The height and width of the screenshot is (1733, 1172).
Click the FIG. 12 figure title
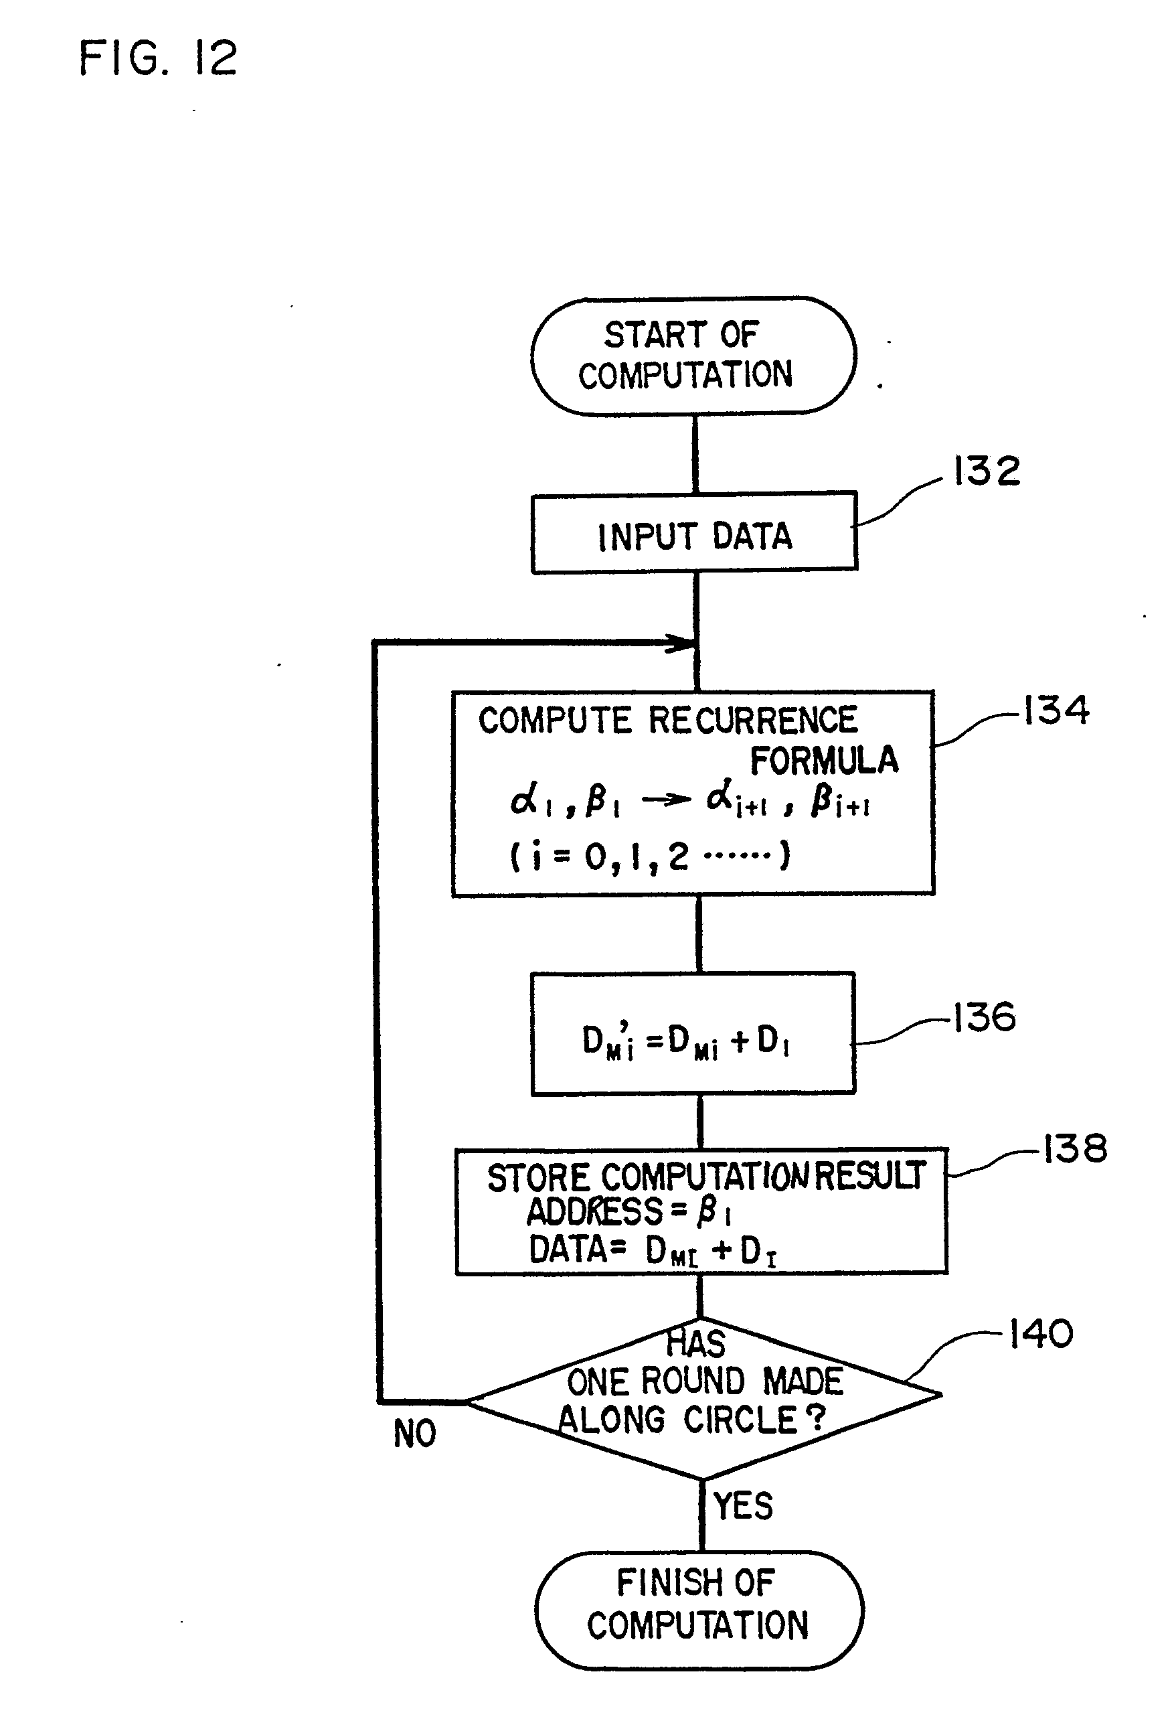point(157,58)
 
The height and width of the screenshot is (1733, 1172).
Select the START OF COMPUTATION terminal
point(693,356)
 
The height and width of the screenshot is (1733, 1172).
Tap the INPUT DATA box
point(694,534)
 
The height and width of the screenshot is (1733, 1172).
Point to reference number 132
point(987,471)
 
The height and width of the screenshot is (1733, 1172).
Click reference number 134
point(1056,710)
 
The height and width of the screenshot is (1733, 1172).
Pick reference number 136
point(984,1017)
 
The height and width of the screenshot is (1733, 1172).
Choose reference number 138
point(1074,1149)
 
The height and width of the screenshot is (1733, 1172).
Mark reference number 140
point(1041,1334)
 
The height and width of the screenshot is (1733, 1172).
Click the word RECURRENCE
point(753,721)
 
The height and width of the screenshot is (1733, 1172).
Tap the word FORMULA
point(824,761)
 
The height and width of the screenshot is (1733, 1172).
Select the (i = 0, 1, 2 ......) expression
point(650,856)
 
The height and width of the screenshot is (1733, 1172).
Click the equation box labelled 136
point(693,1033)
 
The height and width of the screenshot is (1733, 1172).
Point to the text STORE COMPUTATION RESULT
point(705,1177)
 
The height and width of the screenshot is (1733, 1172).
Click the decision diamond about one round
point(703,1398)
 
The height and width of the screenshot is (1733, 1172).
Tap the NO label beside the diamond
point(414,1433)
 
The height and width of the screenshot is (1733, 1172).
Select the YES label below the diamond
point(742,1505)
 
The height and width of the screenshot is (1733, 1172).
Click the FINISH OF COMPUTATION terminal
point(699,1609)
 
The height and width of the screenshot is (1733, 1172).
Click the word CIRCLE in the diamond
point(741,1420)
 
